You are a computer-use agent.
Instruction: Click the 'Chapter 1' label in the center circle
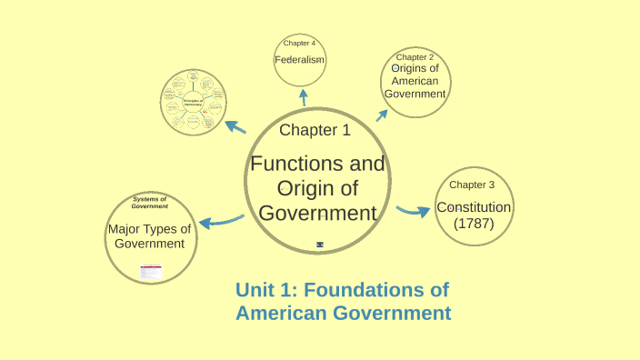click(x=315, y=130)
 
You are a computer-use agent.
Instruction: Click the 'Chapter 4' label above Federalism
click(x=300, y=43)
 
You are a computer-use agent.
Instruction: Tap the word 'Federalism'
click(x=300, y=60)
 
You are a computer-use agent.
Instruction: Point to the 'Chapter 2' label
click(x=415, y=57)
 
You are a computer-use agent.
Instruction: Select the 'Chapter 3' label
click(x=472, y=185)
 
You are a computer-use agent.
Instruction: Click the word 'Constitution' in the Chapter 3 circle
click(x=474, y=207)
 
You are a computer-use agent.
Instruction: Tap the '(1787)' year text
click(x=474, y=224)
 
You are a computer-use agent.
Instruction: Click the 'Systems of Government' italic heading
click(x=150, y=203)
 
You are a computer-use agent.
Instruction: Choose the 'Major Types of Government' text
click(x=150, y=236)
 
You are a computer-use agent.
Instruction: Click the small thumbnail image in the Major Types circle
click(x=150, y=271)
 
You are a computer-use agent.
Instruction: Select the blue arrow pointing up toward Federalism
click(x=303, y=96)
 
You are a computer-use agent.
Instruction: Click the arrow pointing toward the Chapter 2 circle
click(x=382, y=115)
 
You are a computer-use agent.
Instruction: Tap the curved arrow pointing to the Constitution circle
click(x=414, y=212)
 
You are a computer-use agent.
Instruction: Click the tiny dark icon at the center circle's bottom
click(x=320, y=245)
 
